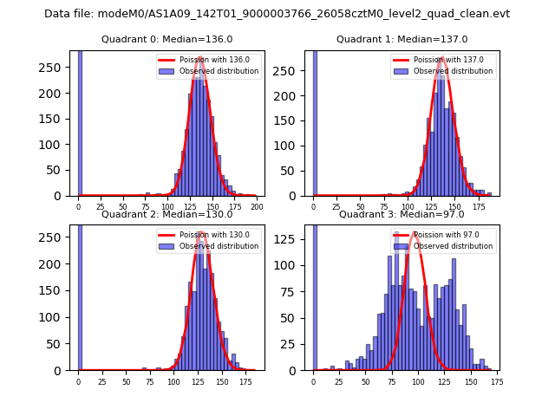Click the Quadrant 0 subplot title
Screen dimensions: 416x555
166,39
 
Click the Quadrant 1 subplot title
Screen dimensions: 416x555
402,39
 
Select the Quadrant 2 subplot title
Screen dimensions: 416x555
166,214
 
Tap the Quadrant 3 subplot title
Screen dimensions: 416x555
402,214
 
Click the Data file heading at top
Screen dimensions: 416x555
277,14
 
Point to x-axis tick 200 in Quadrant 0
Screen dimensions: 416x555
257,208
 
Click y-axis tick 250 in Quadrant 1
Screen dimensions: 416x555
295,68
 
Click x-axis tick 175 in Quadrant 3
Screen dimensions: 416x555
496,382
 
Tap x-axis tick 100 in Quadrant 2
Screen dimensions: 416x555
173,382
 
